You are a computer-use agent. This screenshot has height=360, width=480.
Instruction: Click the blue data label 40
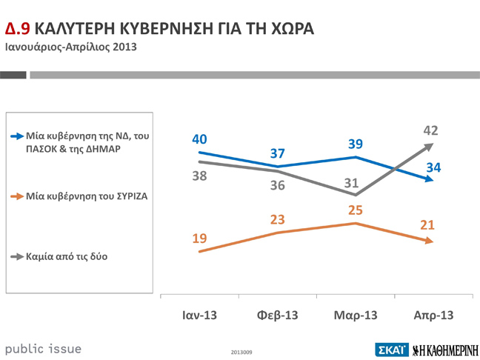point(200,139)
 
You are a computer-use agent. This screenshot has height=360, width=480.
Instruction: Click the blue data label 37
point(278,153)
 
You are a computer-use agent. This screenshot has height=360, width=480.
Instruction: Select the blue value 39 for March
point(355,144)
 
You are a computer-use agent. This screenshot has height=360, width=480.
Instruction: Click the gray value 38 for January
point(200,176)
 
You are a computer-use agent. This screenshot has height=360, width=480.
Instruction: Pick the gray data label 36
point(278,185)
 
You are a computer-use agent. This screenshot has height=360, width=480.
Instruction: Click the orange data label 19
point(200,238)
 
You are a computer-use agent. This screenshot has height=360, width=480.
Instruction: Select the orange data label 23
point(278,219)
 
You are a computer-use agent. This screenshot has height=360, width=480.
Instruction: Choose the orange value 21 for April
point(427,224)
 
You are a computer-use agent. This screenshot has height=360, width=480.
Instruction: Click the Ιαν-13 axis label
point(199,315)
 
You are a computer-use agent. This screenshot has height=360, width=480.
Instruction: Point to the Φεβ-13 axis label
point(277,315)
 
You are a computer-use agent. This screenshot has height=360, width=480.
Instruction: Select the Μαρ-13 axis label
point(356,315)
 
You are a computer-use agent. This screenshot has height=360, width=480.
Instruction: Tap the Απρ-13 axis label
point(433,315)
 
